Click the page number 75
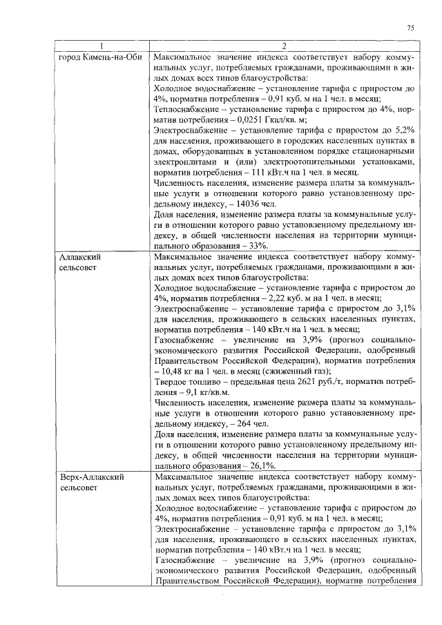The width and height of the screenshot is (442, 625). tap(410, 28)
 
